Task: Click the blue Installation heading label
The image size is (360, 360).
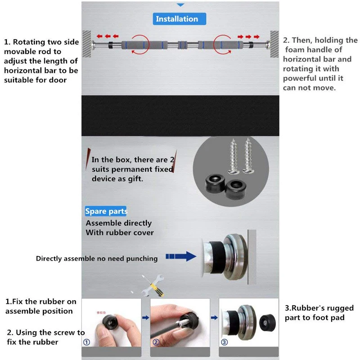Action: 177,19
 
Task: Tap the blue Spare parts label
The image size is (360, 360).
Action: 106,211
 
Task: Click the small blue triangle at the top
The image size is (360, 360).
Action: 180,5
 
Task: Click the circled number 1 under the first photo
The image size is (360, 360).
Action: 87,342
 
